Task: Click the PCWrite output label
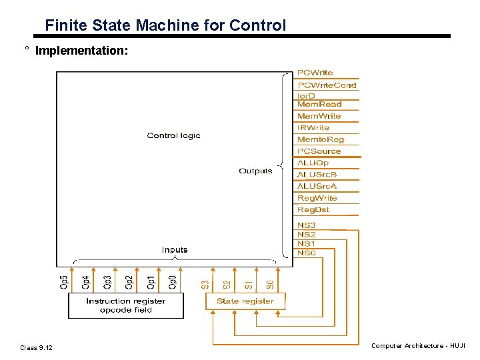(x=315, y=73)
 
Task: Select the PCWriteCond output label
(x=327, y=85)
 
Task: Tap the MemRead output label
(x=319, y=104)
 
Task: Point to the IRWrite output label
(x=313, y=127)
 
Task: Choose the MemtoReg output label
(x=320, y=139)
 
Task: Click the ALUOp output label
(x=313, y=163)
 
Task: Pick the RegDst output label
(x=313, y=210)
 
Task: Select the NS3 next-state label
(x=306, y=226)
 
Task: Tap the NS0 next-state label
(x=306, y=253)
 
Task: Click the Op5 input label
(x=63, y=282)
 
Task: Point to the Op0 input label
(x=172, y=282)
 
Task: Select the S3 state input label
(x=205, y=284)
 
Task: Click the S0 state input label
(x=270, y=284)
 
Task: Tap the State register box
(x=245, y=301)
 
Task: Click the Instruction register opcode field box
(x=125, y=305)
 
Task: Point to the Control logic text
(x=173, y=136)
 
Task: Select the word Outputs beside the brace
(x=255, y=171)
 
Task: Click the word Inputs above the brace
(x=175, y=250)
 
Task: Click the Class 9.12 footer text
(x=36, y=348)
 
